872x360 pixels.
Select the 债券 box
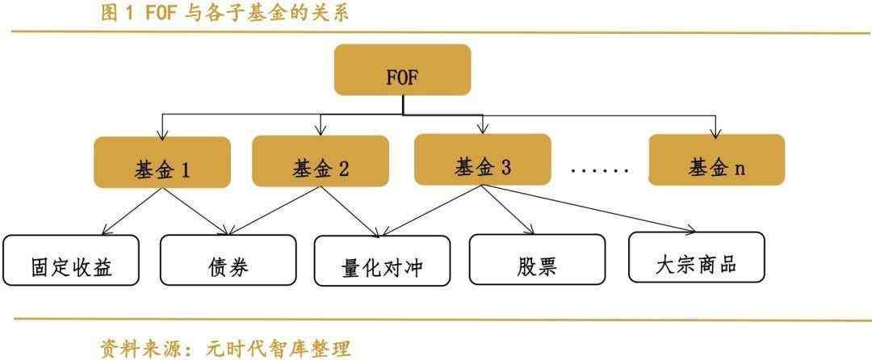tap(228, 261)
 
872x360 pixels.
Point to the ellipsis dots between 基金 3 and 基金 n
tap(599, 170)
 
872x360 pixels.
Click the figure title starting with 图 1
tap(225, 12)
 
